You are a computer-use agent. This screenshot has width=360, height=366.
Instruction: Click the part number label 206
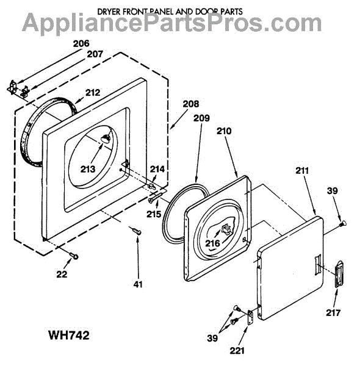point(81,44)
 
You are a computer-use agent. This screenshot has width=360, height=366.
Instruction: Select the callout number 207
point(95,54)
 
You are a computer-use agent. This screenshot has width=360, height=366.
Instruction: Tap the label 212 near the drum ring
point(93,93)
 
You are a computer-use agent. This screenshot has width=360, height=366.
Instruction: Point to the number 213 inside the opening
point(88,169)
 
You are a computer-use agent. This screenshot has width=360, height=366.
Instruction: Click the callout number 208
point(191,104)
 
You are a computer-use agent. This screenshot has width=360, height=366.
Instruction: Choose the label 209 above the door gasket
point(201,118)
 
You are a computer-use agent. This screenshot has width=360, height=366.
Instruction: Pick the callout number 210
point(224,131)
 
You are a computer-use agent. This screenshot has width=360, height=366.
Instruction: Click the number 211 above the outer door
point(302,171)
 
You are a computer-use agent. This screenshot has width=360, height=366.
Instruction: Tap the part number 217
point(333,312)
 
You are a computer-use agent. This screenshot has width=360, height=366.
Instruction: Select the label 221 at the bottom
point(237,350)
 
